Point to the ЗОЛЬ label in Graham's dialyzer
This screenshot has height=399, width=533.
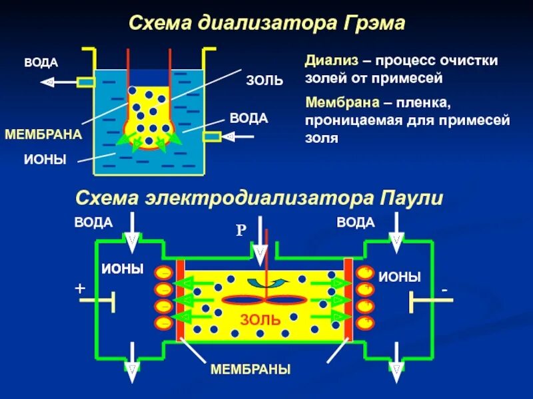[265, 81]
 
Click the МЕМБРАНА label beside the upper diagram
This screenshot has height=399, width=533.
[43, 134]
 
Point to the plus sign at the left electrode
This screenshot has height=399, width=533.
[81, 289]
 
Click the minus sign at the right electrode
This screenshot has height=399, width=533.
[444, 291]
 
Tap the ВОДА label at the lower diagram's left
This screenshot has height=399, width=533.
[93, 222]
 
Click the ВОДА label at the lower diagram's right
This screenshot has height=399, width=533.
[355, 222]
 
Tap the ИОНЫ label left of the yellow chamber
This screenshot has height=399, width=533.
[123, 269]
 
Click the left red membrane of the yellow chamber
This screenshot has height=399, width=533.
[180, 300]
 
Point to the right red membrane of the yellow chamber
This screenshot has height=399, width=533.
[348, 300]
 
